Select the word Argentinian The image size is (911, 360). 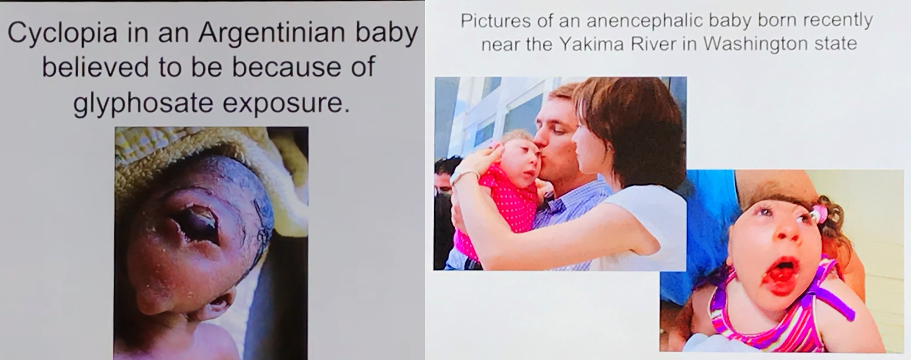(x=270, y=32)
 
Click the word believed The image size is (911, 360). (x=96, y=67)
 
